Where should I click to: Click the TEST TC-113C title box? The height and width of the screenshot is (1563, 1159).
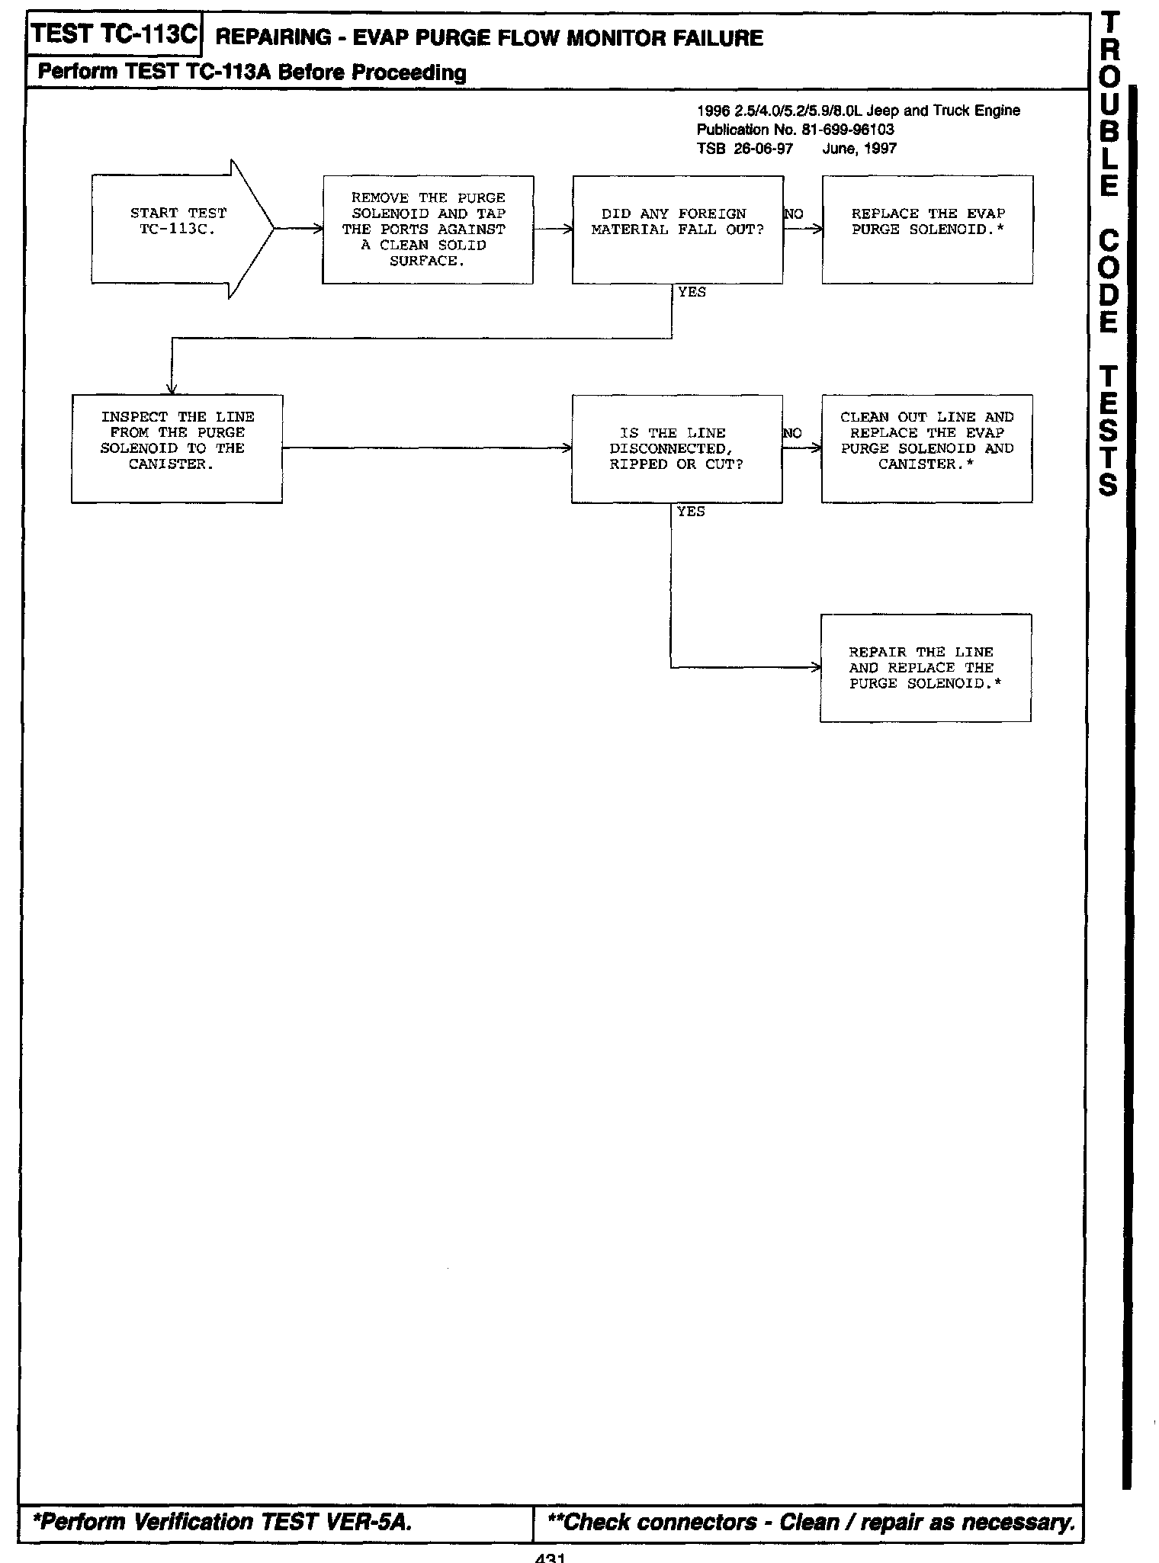(x=114, y=35)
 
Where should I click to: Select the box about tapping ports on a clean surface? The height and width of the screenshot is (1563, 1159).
(x=427, y=229)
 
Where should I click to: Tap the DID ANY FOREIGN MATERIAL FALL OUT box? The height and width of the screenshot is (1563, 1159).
(x=677, y=229)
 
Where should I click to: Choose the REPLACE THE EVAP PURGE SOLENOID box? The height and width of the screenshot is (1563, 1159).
(x=927, y=229)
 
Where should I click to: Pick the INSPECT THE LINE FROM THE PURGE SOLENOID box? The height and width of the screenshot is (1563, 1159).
(x=177, y=448)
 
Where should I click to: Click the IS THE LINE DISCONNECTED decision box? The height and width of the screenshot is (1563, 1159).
(x=676, y=448)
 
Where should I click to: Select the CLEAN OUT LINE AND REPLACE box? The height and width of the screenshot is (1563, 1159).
(x=926, y=448)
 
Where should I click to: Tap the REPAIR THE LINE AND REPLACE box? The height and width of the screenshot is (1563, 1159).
(x=925, y=668)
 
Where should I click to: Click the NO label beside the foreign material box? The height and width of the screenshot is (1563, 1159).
(x=793, y=215)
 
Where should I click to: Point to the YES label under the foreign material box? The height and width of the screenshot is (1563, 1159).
(x=692, y=293)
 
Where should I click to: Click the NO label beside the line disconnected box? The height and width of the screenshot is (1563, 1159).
(x=792, y=434)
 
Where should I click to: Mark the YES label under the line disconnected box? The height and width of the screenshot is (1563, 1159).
(x=691, y=512)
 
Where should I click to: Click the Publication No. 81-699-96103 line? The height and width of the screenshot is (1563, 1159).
(x=795, y=130)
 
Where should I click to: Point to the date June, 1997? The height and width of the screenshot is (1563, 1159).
(x=859, y=149)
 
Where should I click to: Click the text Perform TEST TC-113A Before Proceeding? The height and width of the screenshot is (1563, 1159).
(x=252, y=73)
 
